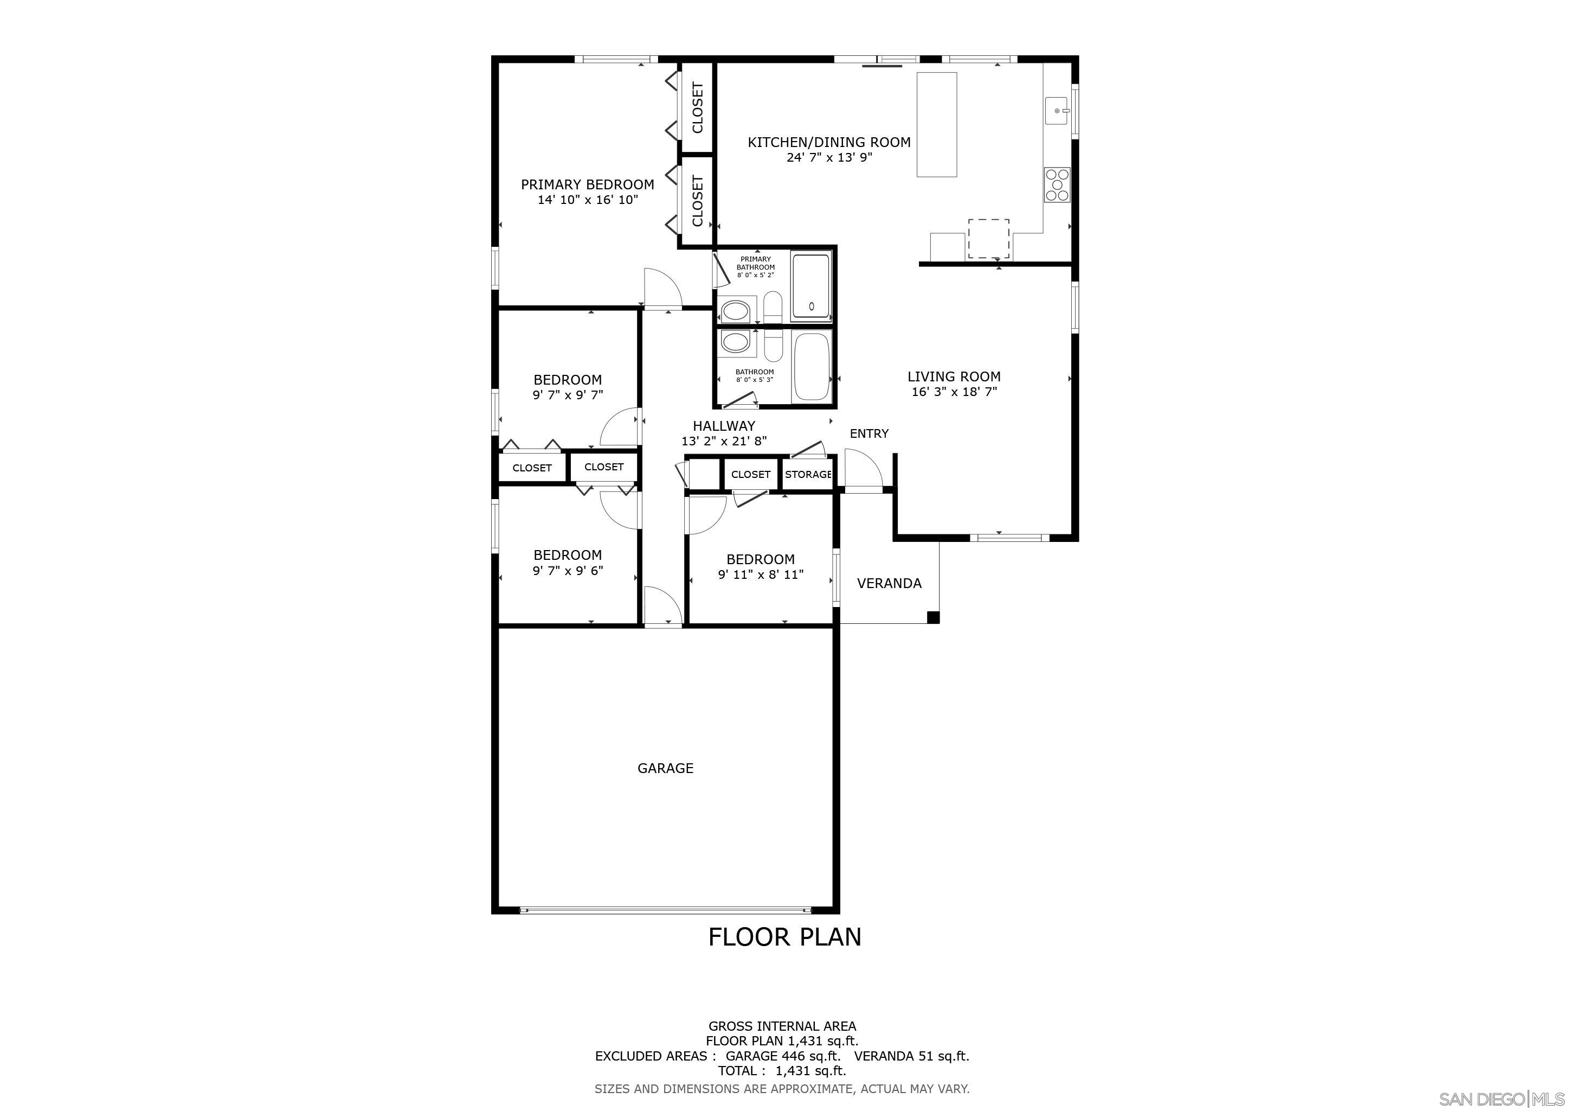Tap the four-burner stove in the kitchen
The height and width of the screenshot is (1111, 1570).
pyautogui.click(x=1057, y=184)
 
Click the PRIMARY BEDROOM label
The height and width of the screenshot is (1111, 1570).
pyautogui.click(x=587, y=184)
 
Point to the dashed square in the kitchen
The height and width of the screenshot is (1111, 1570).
pyautogui.click(x=988, y=239)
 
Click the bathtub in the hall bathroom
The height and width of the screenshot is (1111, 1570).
pyautogui.click(x=812, y=367)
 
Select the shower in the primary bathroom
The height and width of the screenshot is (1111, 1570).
pyautogui.click(x=811, y=285)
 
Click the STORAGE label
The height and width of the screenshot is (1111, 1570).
pyautogui.click(x=808, y=474)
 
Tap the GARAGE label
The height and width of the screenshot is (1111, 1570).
pyautogui.click(x=665, y=768)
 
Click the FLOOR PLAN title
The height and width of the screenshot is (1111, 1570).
pyautogui.click(x=784, y=936)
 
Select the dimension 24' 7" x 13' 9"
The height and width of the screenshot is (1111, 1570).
pyautogui.click(x=829, y=157)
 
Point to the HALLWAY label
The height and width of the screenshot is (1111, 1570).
pyautogui.click(x=723, y=425)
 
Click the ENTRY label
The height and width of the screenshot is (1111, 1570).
pyautogui.click(x=868, y=433)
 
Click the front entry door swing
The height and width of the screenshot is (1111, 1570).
pyautogui.click(x=863, y=468)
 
